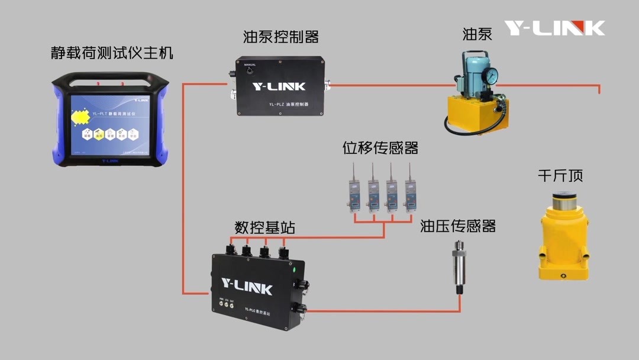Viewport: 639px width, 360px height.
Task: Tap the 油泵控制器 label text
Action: click(281, 37)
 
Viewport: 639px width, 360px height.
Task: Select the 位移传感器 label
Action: click(380, 148)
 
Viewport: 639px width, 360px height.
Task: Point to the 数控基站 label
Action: click(264, 227)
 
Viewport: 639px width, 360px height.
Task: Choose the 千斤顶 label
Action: click(560, 176)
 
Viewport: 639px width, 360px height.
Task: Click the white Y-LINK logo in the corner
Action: click(554, 28)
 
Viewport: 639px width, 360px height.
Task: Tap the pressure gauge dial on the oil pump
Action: click(489, 75)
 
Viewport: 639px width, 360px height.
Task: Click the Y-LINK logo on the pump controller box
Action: click(279, 86)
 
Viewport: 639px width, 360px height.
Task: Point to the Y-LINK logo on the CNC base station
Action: click(247, 287)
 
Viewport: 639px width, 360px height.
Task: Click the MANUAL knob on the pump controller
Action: click(249, 72)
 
